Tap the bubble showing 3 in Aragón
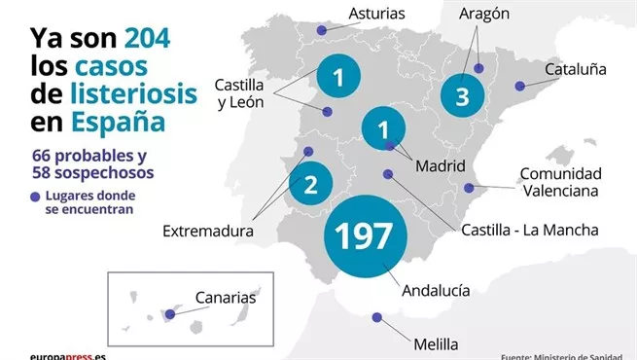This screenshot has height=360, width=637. coord(462,96)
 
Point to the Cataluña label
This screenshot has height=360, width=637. coord(576,70)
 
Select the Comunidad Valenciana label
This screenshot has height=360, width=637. coord(561,182)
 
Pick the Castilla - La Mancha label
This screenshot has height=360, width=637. coord(530,230)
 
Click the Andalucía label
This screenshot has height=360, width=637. coord(435,290)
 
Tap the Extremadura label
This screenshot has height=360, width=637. coord(208,232)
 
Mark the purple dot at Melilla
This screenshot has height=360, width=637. coord(377,316)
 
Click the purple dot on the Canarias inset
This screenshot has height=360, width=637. coord(171,313)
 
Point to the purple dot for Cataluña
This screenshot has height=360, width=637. coord(520,87)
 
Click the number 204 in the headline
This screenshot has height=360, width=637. coord(147,38)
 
